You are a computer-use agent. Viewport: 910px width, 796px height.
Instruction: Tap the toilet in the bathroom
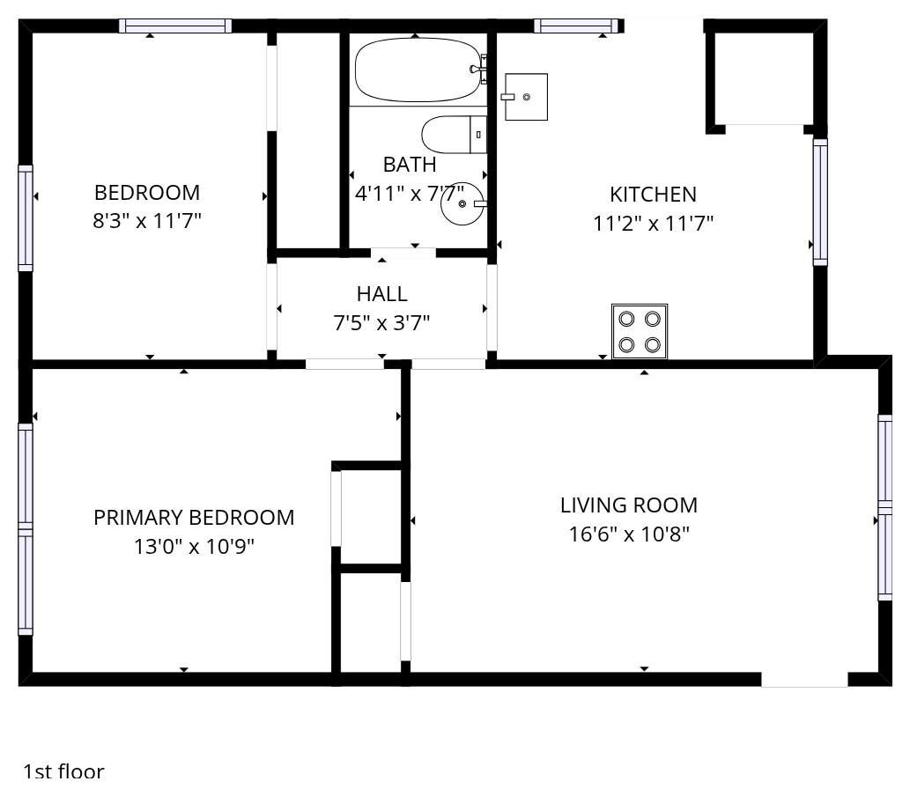point(454,135)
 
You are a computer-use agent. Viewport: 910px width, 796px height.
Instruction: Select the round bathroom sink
point(462,203)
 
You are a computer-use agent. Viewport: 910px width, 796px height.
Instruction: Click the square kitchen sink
point(525,97)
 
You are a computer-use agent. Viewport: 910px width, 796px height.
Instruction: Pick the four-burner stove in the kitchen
point(640,332)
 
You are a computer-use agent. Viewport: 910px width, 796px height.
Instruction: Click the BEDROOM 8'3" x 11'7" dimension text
point(147,221)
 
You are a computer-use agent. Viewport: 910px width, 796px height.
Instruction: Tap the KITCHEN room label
point(653,195)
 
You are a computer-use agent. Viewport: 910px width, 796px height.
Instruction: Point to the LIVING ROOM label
point(629,505)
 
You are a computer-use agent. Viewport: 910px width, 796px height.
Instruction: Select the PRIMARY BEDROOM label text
point(194,518)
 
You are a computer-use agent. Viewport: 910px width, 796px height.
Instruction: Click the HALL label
point(381,294)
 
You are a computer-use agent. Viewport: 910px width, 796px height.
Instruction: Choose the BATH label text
point(410,165)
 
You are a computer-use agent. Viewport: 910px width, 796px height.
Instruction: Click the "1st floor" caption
point(63,771)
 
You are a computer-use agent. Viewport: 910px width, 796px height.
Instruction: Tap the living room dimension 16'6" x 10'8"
point(629,534)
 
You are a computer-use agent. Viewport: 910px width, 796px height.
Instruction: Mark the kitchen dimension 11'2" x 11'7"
point(653,224)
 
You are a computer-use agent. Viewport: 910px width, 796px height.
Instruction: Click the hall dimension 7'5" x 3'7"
point(381,322)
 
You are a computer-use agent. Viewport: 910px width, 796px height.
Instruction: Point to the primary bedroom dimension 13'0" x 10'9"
point(194,547)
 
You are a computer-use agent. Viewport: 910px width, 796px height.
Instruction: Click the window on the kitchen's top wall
point(576,26)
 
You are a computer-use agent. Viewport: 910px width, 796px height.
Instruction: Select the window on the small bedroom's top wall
point(175,26)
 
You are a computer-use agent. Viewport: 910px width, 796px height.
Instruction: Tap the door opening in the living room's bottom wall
point(804,680)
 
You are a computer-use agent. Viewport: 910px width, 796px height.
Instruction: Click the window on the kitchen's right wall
point(820,202)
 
